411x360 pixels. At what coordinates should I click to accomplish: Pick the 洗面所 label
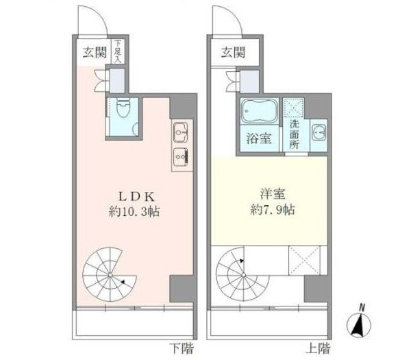(x=294, y=134)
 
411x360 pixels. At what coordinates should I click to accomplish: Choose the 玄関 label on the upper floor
(x=233, y=51)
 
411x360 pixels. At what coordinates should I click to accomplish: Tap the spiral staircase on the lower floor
(x=109, y=275)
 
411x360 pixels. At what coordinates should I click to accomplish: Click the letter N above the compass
(x=362, y=307)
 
